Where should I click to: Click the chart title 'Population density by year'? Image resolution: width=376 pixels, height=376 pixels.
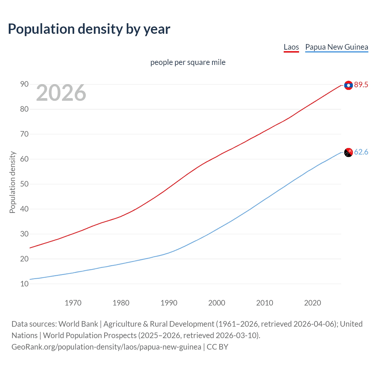click(89, 29)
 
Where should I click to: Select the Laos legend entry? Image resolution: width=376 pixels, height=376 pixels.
click(291, 47)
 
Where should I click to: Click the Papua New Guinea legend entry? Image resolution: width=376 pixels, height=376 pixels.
click(337, 47)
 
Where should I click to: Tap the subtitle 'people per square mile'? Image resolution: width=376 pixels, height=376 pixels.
click(188, 62)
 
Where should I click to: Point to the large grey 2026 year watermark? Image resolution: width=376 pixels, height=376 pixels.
click(61, 93)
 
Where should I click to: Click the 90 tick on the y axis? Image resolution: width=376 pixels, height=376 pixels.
click(24, 84)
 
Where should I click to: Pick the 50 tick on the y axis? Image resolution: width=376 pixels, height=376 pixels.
click(24, 184)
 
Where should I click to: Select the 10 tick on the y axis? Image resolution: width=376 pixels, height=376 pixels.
click(24, 284)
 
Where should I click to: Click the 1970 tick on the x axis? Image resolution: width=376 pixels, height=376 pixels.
click(73, 303)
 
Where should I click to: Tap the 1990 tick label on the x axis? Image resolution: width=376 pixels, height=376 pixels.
click(169, 303)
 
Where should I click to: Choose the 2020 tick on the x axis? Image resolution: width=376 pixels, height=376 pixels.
click(313, 303)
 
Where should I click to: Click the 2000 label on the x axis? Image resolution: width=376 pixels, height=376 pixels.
click(217, 303)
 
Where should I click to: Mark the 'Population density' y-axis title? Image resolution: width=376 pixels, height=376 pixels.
click(12, 182)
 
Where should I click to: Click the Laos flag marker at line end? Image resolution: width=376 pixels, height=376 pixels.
click(348, 85)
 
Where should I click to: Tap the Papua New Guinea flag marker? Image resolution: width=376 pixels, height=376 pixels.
click(348, 152)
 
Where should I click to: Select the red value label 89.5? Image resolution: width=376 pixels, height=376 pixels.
click(361, 85)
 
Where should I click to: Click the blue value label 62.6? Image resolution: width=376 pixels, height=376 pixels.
click(361, 152)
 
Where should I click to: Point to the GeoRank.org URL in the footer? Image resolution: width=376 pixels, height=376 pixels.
click(106, 347)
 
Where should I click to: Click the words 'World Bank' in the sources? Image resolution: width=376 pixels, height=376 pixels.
click(78, 324)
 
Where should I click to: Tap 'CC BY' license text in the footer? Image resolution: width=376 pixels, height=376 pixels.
click(217, 347)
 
